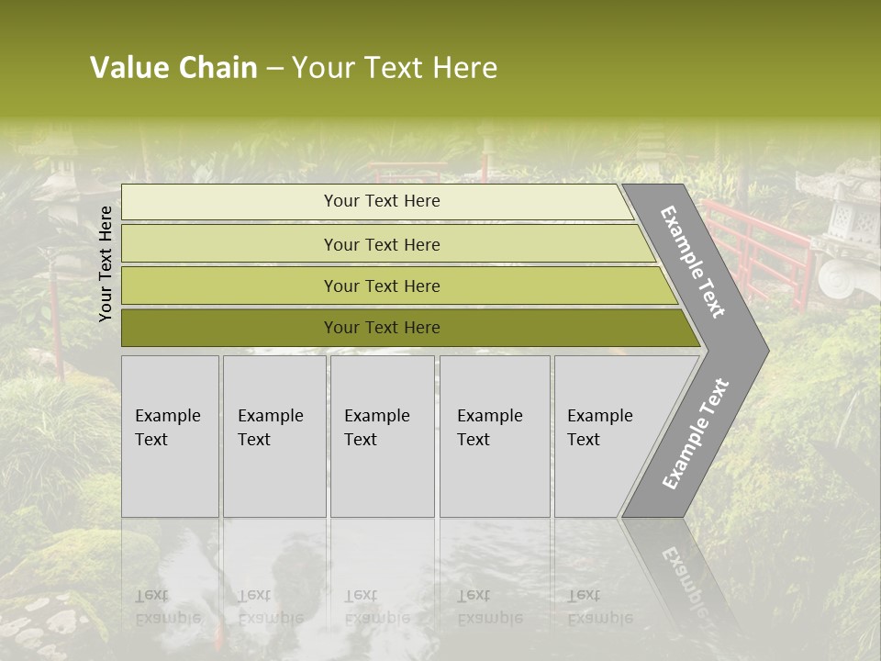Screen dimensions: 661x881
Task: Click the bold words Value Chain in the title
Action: coord(173,68)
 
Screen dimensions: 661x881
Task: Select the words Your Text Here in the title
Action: coord(395,68)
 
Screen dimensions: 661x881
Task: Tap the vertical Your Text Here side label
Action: coord(106,263)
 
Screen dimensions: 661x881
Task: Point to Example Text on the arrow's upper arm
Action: coord(694,262)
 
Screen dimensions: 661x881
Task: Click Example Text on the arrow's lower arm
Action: coord(696,433)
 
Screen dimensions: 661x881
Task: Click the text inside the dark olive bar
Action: coord(382,328)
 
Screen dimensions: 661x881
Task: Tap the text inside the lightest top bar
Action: coord(382,201)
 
